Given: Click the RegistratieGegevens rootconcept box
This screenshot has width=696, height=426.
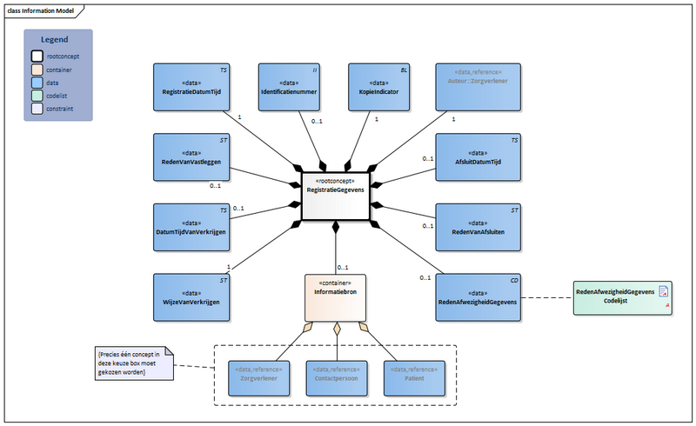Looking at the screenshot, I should pos(336,196).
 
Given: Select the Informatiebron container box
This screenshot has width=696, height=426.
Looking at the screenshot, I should pos(336,298).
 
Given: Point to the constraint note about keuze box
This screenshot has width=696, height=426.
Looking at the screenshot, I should pos(133,363).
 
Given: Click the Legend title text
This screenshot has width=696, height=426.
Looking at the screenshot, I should pos(58,40).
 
